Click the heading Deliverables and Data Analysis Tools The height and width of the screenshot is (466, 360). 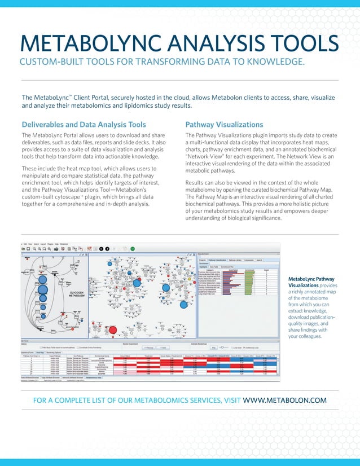(84, 124)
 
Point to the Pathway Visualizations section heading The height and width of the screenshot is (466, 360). (224, 124)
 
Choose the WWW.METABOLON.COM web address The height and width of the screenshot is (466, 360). (284, 400)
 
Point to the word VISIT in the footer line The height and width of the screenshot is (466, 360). (229, 400)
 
